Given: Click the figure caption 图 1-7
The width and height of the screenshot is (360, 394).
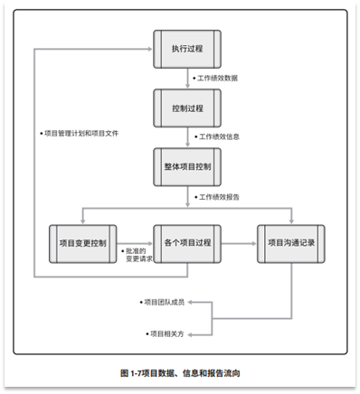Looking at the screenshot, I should (180, 372).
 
